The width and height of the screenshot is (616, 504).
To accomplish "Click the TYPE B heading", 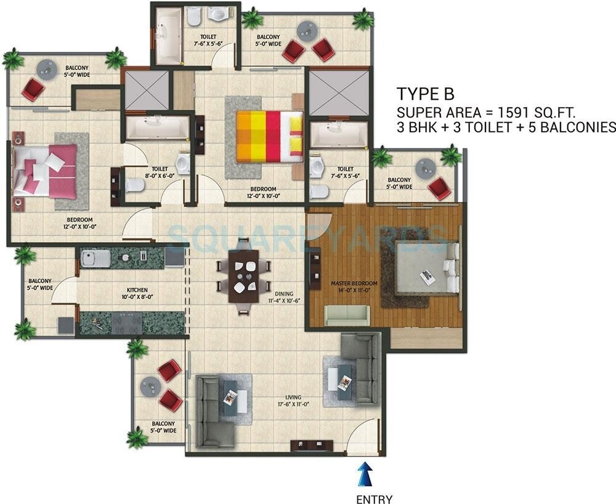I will click(426, 94).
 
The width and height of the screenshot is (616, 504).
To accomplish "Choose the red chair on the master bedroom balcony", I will click(439, 188).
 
